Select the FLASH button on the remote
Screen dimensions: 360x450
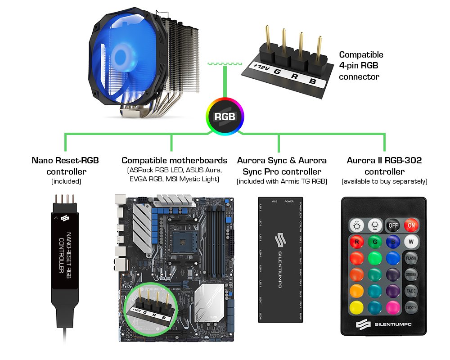pyautogui.click(x=411, y=258)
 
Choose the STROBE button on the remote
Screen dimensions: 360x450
pyautogui.click(x=411, y=274)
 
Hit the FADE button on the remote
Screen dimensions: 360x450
pyautogui.click(x=411, y=291)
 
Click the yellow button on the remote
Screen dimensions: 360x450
pyautogui.click(x=357, y=307)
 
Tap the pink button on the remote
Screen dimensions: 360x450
pyautogui.click(x=392, y=307)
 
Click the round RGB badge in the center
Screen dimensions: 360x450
pyautogui.click(x=225, y=117)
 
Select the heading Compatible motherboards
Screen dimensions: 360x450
pyautogui.click(x=175, y=161)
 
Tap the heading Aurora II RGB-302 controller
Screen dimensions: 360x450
pyautogui.click(x=384, y=166)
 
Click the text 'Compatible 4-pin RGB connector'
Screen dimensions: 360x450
pyautogui.click(x=361, y=66)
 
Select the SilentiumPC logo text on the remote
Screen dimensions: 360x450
pyautogui.click(x=391, y=323)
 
